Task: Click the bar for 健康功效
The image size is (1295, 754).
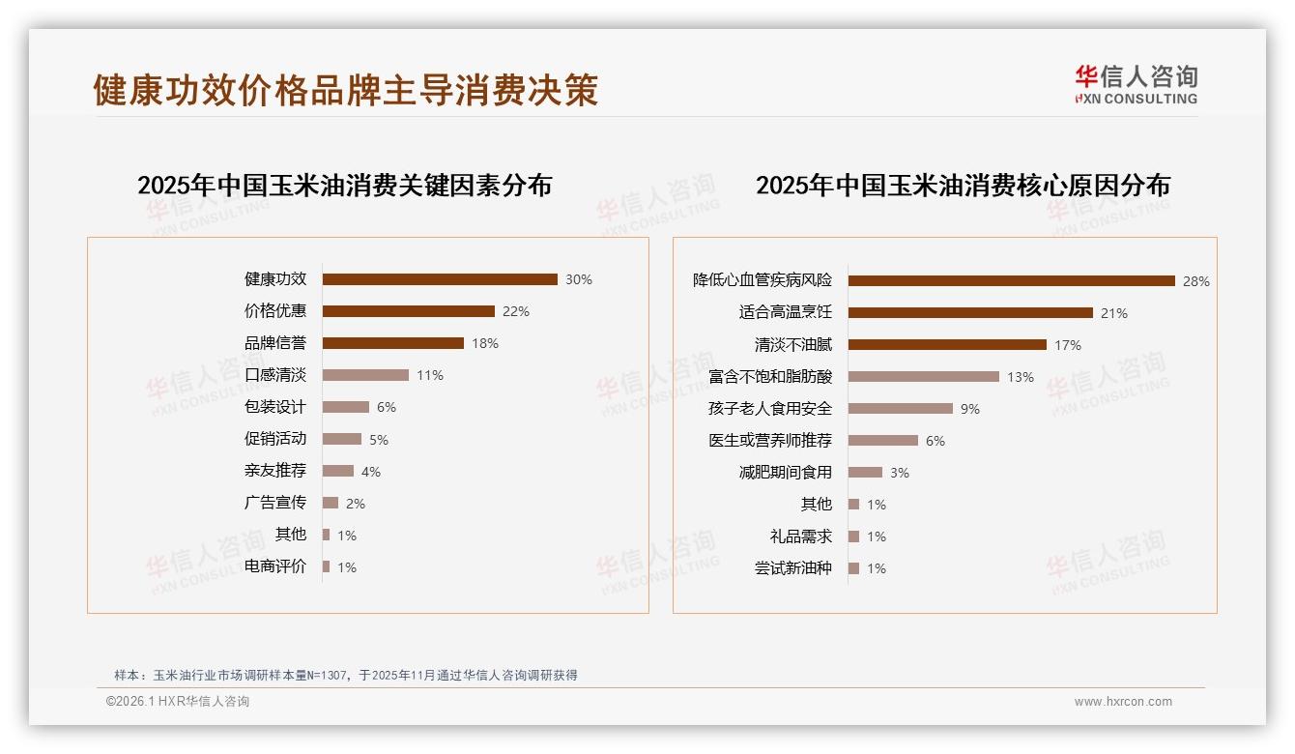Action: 440,279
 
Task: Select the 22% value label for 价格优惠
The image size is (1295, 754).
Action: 516,311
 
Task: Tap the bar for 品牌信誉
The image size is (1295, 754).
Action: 393,343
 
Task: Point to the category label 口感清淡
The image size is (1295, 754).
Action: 275,375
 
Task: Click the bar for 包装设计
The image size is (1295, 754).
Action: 346,407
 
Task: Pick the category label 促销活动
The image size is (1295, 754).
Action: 275,439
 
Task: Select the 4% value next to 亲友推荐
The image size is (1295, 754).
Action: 371,472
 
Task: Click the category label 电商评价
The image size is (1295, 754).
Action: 275,566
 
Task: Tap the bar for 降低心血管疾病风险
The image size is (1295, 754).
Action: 1011,281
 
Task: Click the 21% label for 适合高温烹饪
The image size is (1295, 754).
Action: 1114,313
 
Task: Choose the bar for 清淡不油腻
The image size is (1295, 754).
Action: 947,345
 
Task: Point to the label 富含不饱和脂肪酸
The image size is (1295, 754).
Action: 770,377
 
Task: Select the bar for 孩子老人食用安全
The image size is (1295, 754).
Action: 901,409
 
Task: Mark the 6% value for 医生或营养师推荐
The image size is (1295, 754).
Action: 935,441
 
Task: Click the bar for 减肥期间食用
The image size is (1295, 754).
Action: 866,473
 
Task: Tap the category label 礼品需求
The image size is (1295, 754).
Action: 801,536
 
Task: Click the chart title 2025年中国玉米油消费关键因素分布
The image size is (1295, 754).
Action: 344,186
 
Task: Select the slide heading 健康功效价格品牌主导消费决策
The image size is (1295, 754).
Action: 345,90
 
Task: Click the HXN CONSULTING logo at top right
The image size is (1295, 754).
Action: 1136,85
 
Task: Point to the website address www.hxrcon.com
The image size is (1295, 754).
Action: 1123,702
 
